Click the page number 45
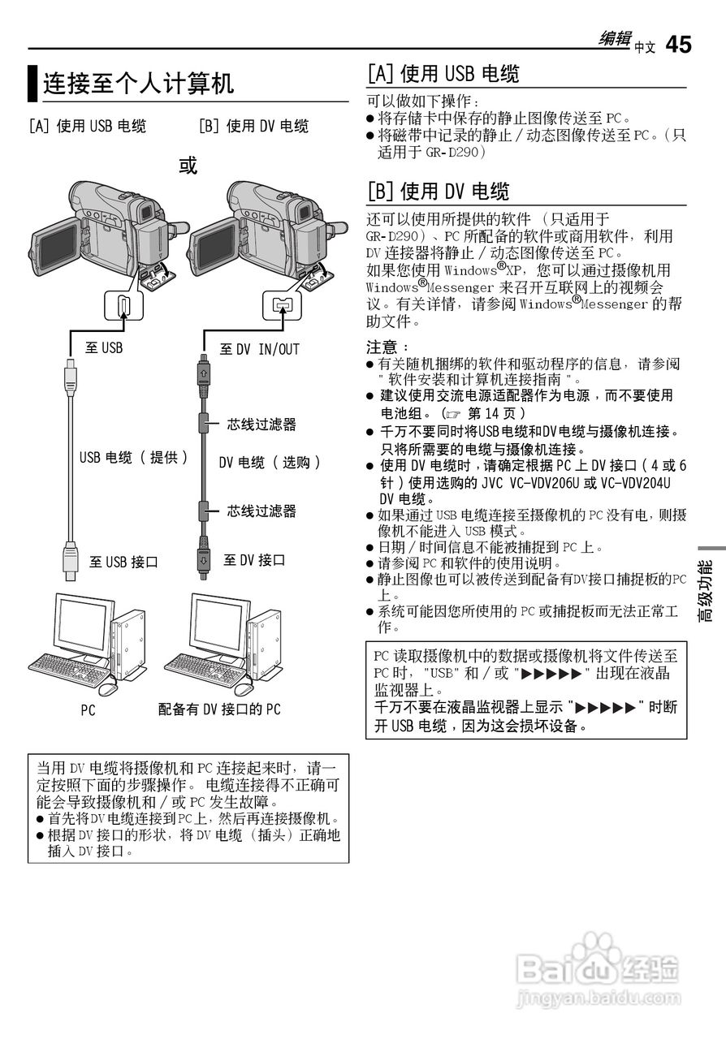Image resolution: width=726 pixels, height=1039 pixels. [x=678, y=45]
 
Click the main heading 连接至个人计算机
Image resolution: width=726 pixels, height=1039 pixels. [x=138, y=83]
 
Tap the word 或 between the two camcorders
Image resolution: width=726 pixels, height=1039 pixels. [x=188, y=166]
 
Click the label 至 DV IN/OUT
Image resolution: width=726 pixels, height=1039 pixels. [x=259, y=349]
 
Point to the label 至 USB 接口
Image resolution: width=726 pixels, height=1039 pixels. [x=123, y=562]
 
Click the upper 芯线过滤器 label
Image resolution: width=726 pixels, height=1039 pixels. [x=261, y=424]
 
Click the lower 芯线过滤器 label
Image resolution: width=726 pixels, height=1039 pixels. [x=261, y=511]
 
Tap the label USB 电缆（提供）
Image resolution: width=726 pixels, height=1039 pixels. [x=134, y=457]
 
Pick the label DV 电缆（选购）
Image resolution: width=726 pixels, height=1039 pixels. [x=270, y=462]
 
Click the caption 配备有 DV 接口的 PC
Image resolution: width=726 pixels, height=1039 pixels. [x=219, y=709]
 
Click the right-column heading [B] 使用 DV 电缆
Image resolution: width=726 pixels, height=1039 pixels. [x=439, y=192]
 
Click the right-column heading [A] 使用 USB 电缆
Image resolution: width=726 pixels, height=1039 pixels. [x=443, y=74]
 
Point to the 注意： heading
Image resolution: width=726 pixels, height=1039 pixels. [x=382, y=347]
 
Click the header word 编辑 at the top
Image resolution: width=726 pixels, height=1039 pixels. [x=615, y=39]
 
